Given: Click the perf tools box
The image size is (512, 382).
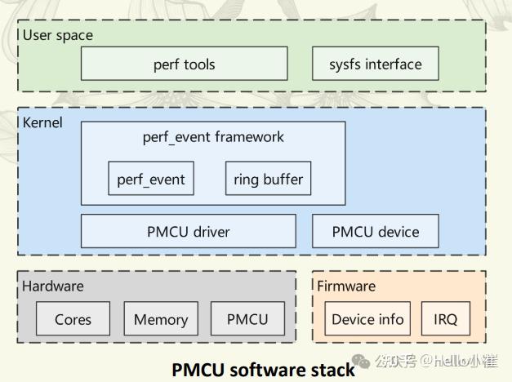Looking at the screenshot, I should click(x=184, y=64).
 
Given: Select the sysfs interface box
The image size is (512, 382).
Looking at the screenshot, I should click(x=375, y=64).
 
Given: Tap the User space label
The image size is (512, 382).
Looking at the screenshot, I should click(x=57, y=35).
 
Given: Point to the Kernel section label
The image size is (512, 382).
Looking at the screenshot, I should click(x=42, y=122).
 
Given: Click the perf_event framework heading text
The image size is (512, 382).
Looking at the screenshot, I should click(x=213, y=136).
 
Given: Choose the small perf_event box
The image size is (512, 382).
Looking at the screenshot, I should click(x=151, y=179).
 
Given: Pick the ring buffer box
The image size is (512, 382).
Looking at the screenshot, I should click(x=268, y=179).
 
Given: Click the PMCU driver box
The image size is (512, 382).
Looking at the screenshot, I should click(x=189, y=232).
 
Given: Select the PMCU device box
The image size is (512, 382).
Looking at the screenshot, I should click(x=375, y=232).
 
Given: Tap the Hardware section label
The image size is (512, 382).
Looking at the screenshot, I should click(x=53, y=286).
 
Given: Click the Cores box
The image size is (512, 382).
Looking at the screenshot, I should click(x=73, y=319).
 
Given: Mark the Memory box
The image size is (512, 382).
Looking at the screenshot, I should click(x=160, y=319).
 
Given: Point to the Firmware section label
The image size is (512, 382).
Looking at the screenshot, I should click(x=346, y=286).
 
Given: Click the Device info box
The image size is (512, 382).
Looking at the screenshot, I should click(x=367, y=319).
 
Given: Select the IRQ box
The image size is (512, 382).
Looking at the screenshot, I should click(x=446, y=319).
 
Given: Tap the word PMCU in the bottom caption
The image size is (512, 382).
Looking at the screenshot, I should click(x=198, y=370).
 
